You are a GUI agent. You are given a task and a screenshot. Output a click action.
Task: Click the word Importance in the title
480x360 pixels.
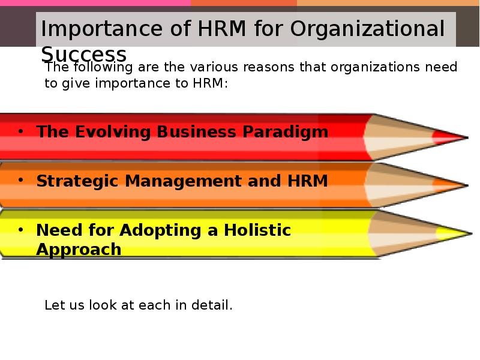[x=101, y=28]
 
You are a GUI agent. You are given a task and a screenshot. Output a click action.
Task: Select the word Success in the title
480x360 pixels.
[x=83, y=55]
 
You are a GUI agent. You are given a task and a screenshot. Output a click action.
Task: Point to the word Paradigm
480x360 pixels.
[x=286, y=132]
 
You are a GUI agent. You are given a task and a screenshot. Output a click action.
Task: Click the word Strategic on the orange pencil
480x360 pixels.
[x=77, y=181]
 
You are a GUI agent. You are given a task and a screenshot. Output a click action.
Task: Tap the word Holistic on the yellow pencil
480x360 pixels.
[x=257, y=230]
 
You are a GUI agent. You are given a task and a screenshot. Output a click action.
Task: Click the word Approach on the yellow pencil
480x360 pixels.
[x=79, y=250]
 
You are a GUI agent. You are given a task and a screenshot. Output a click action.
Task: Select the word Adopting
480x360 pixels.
[x=160, y=230]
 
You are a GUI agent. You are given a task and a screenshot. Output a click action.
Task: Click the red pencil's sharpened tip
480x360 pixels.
[x=467, y=137]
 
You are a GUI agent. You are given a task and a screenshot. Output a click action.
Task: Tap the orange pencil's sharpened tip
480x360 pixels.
[x=467, y=185]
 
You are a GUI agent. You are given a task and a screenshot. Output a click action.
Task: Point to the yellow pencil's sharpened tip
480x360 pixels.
[x=471, y=233]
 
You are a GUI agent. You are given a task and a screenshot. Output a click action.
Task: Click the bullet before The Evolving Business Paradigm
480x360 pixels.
[x=20, y=131]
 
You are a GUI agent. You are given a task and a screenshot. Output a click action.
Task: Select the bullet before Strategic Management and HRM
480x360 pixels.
[x=20, y=181]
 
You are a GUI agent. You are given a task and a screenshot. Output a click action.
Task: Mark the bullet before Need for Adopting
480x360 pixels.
[x=20, y=230]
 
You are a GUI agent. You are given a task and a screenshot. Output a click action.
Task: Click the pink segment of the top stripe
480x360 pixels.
[x=95, y=3]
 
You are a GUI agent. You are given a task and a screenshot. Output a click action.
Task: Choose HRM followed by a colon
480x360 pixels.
[x=211, y=83]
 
